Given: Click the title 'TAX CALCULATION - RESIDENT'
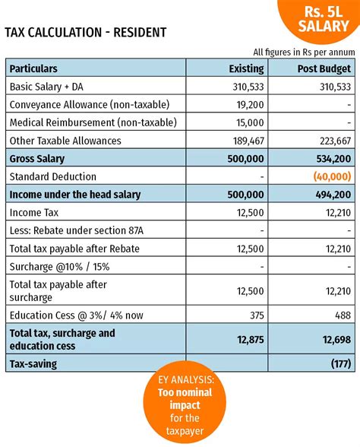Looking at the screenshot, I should tap(85, 33).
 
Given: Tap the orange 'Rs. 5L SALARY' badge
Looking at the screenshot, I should tap(320, 20).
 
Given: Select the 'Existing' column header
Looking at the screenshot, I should tap(246, 68).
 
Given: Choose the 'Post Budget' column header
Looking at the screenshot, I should tap(324, 68).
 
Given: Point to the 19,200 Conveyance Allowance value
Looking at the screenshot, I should tap(248, 104).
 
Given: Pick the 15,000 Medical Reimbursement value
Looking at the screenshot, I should tap(248, 122).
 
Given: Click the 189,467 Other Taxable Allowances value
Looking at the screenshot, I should tap(245, 141).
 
